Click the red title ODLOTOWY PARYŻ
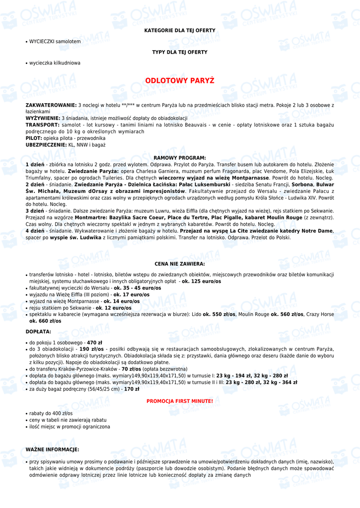pyautogui.click(x=180, y=81)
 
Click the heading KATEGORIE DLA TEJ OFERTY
pyautogui.click(x=180, y=31)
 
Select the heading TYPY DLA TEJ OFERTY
pyautogui.click(x=180, y=52)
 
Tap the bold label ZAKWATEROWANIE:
pyautogui.click(x=51, y=105)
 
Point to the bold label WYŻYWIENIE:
pyautogui.click(x=43, y=118)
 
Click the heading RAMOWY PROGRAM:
pyautogui.click(x=180, y=158)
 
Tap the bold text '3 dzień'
pyautogui.click(x=35, y=211)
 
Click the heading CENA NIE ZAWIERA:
pyautogui.click(x=180, y=264)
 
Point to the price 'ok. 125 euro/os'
pyautogui.click(x=202, y=281)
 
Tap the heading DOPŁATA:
pyautogui.click(x=38, y=331)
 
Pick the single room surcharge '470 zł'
pyautogui.click(x=94, y=343)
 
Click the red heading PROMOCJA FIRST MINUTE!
pyautogui.click(x=180, y=401)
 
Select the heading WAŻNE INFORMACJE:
pyautogui.click(x=52, y=449)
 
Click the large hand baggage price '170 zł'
pyautogui.click(x=132, y=389)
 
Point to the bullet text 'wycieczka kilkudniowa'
pyautogui.click(x=55, y=63)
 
